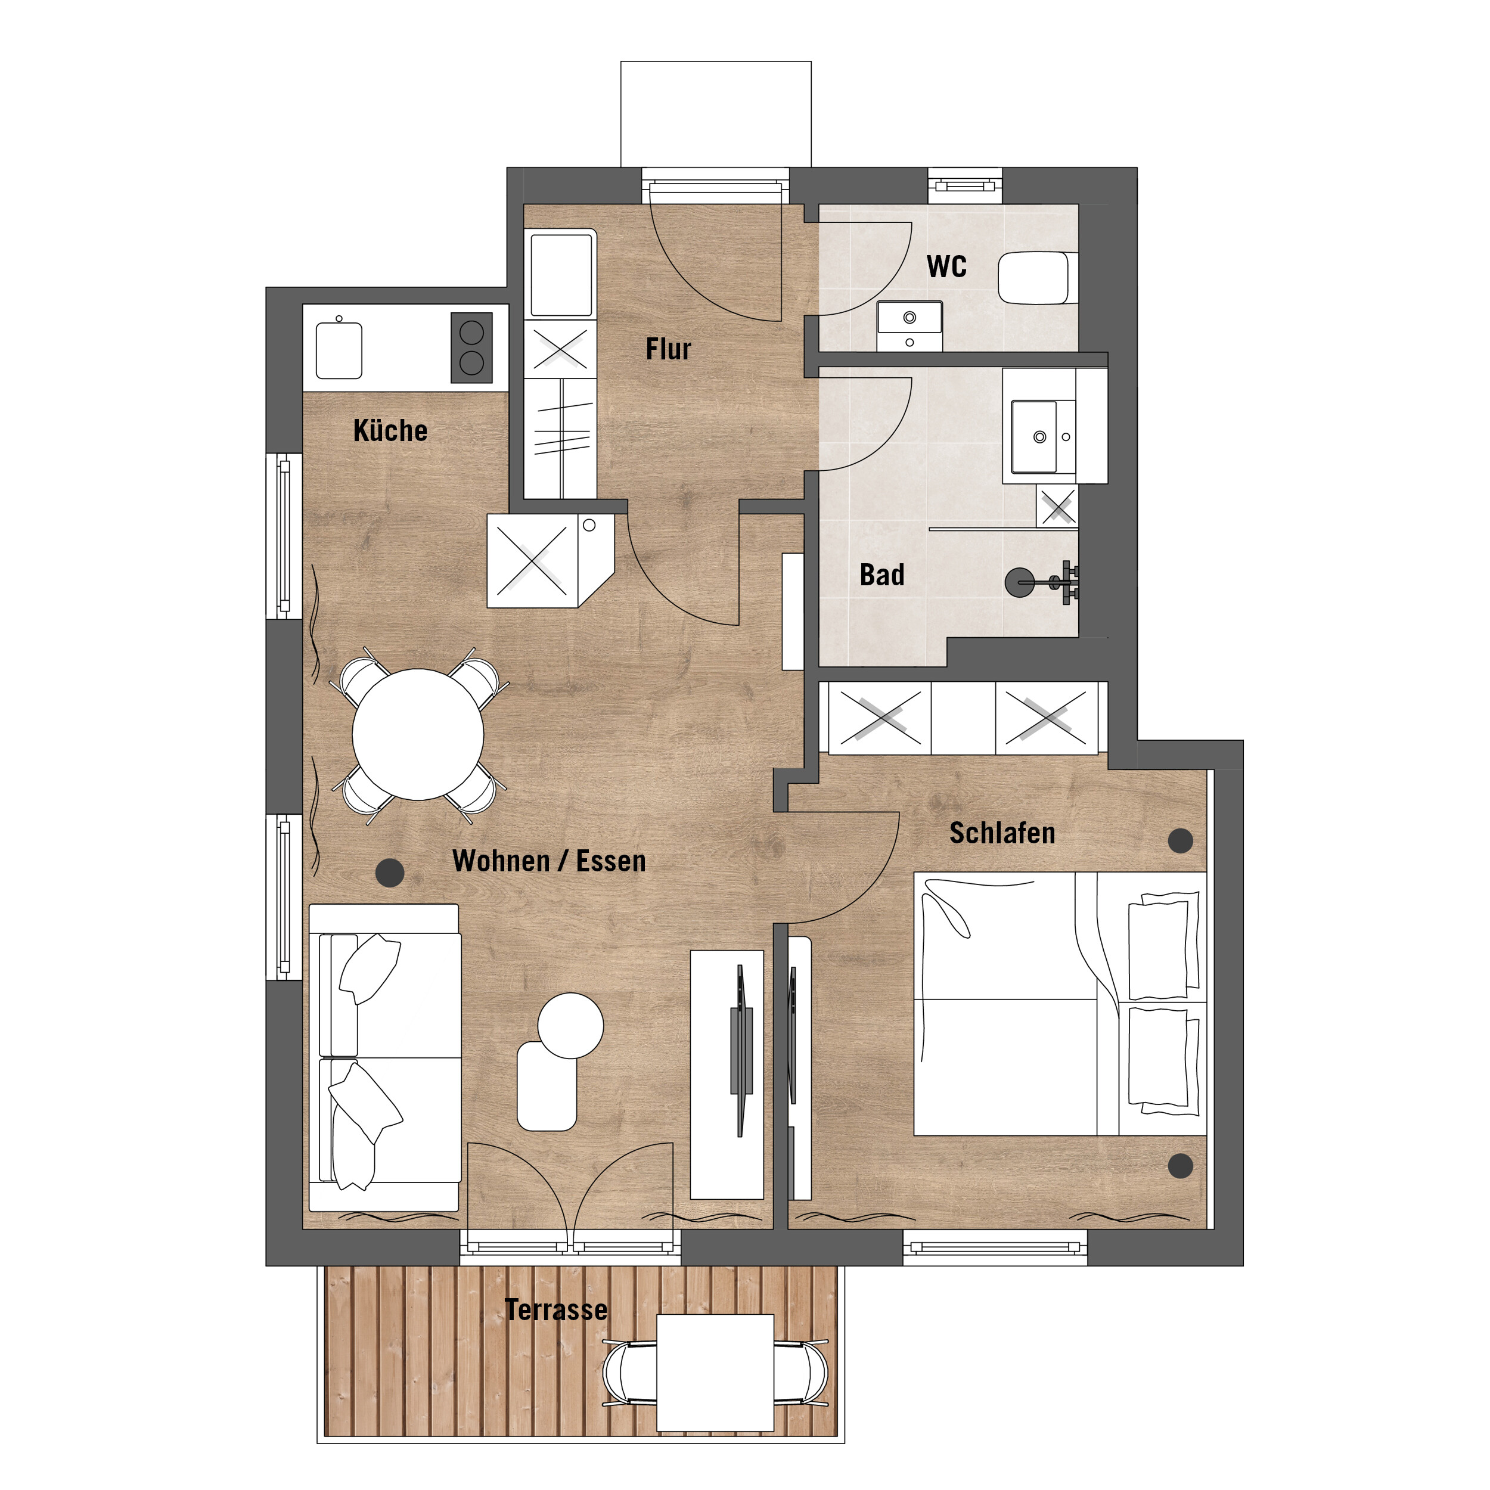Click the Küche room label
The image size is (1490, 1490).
tap(390, 430)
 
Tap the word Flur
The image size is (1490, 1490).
tap(669, 349)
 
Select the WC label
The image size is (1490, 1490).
tap(946, 266)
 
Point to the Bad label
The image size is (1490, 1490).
tap(882, 575)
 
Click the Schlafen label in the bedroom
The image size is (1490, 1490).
tap(1002, 833)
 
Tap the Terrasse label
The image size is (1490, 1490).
tap(556, 1309)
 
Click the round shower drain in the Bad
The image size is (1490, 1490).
tap(1020, 582)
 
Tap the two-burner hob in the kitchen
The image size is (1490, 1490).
tap(471, 347)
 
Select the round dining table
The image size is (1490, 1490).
tap(418, 734)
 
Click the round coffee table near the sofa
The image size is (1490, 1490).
tap(571, 1026)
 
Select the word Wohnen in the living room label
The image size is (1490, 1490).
tap(501, 861)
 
